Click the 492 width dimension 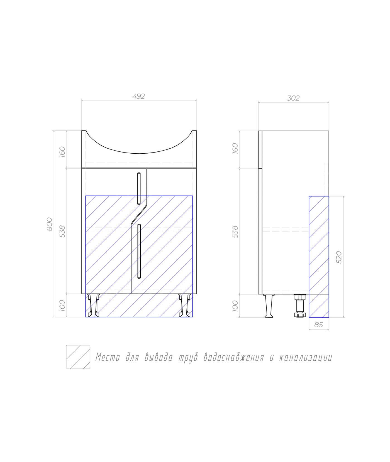pyautogui.click(x=138, y=96)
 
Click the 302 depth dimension pyautogui.click(x=293, y=98)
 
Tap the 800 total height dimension pyautogui.click(x=49, y=224)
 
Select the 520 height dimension pyautogui.click(x=339, y=257)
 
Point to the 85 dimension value pyautogui.click(x=318, y=325)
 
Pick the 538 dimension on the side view pyautogui.click(x=235, y=232)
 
